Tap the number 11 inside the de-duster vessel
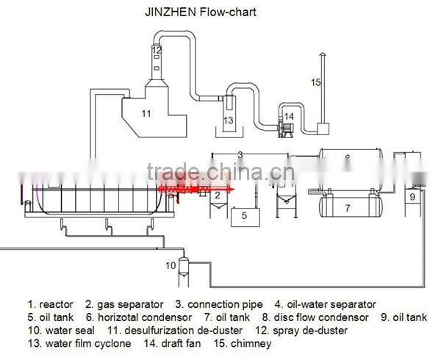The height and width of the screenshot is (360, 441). (x=146, y=112)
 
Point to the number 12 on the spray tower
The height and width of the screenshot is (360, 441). (x=157, y=50)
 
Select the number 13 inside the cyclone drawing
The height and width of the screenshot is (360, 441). (x=228, y=120)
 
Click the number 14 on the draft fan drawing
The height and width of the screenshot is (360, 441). (x=289, y=116)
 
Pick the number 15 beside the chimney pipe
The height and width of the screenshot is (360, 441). (x=315, y=82)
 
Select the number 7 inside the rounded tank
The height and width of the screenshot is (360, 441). (x=346, y=208)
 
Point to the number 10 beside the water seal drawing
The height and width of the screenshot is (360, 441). (x=171, y=264)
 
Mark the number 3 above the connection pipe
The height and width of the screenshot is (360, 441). (x=240, y=154)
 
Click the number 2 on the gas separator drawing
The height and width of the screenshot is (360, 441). (x=218, y=195)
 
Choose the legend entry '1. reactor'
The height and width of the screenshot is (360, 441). (x=51, y=304)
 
